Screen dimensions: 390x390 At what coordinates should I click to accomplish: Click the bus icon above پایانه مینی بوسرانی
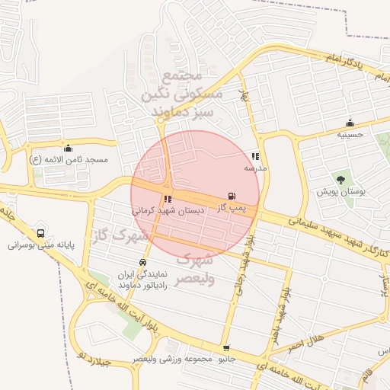point(40,234)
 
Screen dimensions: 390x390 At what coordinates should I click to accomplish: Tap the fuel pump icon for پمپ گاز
point(232,197)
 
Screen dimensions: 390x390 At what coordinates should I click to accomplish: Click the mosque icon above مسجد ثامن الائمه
point(69,149)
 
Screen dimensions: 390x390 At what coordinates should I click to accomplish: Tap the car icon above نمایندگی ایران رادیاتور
point(143,262)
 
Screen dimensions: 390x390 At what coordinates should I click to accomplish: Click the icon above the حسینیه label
point(350,123)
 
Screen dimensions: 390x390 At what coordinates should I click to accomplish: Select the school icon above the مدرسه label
point(255,156)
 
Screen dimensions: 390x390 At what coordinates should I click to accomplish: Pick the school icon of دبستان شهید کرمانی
point(168,199)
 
